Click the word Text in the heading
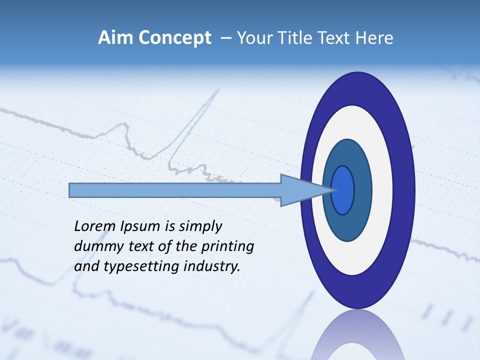337,38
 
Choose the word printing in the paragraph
227,247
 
